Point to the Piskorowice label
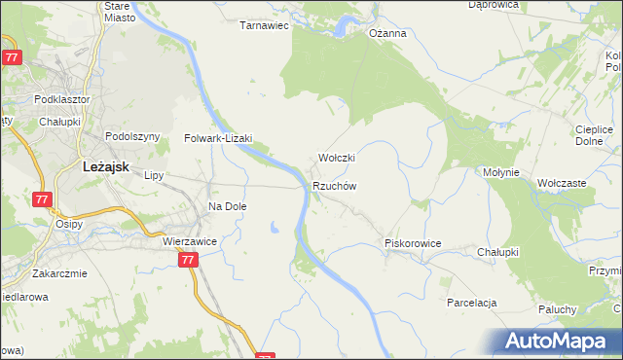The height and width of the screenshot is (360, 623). click(x=414, y=243)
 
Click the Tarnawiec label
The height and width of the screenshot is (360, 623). click(x=265, y=26)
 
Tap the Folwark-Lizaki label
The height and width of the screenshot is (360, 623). click(x=218, y=138)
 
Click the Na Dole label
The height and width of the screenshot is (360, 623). click(x=228, y=206)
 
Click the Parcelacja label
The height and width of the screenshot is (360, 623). click(x=472, y=303)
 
